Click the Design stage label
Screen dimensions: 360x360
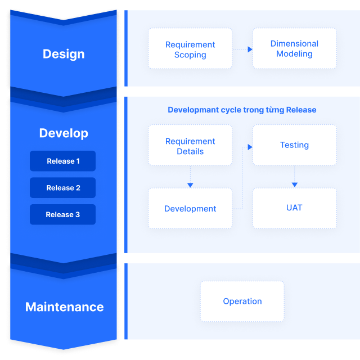64,54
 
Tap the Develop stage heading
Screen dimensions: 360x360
64,133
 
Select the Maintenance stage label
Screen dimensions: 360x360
64,307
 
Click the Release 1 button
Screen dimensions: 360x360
63,161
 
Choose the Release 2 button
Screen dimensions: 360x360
63,188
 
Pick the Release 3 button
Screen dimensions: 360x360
63,214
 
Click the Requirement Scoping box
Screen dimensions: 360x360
190,49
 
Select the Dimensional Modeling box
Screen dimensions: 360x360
294,48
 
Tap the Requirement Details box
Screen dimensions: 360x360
190,146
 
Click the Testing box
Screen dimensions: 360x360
294,145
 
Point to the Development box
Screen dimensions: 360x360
190,209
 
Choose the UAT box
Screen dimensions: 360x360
294,208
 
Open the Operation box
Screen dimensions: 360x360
242,301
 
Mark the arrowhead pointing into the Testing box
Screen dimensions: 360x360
250,146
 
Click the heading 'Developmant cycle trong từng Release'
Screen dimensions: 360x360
242,110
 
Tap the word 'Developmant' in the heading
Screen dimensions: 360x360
193,110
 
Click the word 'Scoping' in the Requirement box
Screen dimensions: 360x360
190,55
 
